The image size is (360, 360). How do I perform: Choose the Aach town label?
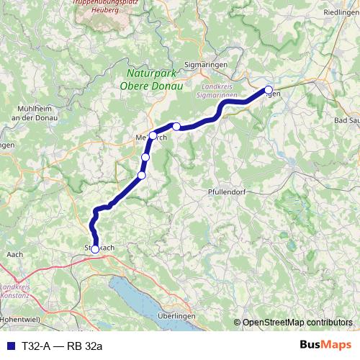pyautogui.click(x=14, y=254)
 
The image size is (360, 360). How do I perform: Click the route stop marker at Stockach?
pyautogui.click(x=95, y=249)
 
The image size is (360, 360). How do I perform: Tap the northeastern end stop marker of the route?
pyautogui.click(x=269, y=90)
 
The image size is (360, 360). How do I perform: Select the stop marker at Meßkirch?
pyautogui.click(x=153, y=135)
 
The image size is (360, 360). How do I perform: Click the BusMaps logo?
pyautogui.click(x=330, y=346)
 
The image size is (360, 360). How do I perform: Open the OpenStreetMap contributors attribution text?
pyautogui.click(x=297, y=322)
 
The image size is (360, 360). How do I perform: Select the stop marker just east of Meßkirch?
pyautogui.click(x=176, y=126)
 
